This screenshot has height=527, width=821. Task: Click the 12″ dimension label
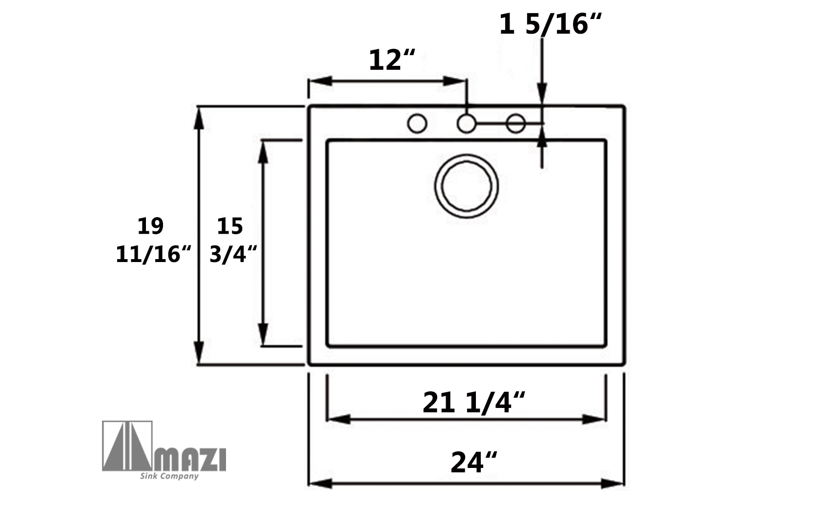(x=391, y=60)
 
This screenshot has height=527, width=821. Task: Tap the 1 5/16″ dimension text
(x=550, y=24)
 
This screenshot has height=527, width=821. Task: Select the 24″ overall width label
(x=473, y=463)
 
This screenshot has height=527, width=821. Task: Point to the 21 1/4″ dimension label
(x=473, y=403)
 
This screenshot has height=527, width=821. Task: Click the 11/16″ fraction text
(x=153, y=254)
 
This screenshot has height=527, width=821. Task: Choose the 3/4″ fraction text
(x=233, y=254)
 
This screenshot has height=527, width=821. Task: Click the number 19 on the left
(x=150, y=226)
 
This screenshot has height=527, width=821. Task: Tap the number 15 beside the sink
(x=230, y=226)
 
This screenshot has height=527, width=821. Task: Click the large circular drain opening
(x=467, y=186)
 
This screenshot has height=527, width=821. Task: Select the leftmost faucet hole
(x=417, y=123)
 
